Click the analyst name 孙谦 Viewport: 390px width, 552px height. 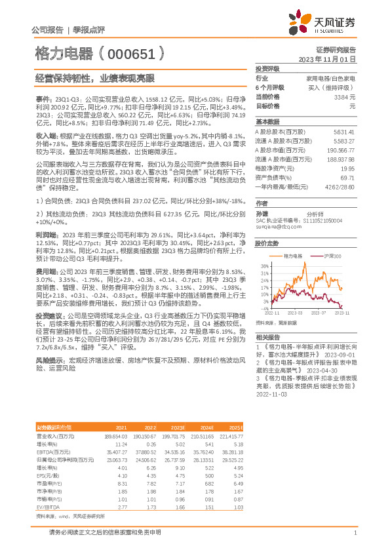[262, 213]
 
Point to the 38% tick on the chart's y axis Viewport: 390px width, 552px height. [263, 265]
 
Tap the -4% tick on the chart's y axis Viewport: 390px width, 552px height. [263, 308]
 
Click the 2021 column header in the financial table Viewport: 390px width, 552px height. [121, 427]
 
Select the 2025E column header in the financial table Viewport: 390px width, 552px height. [235, 427]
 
